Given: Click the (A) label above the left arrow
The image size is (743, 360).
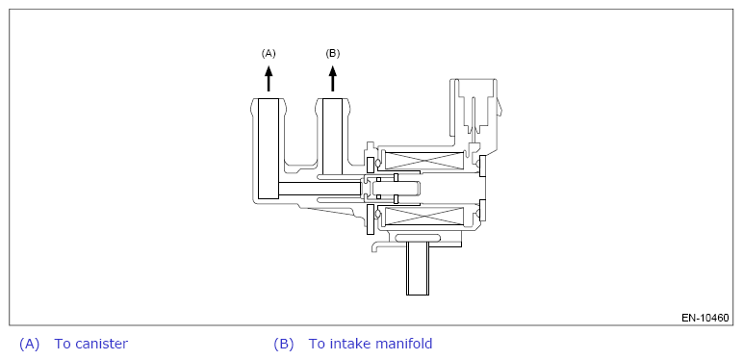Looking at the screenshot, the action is tap(269, 54).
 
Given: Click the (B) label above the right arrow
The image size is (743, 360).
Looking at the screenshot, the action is tap(333, 54).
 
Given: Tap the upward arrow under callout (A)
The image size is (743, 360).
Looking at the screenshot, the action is tap(269, 79).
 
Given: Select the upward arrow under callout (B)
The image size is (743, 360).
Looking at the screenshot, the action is tap(333, 79).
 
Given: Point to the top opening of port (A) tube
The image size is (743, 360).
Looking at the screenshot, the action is tap(269, 99).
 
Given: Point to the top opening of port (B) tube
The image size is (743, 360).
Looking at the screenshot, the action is tap(333, 99).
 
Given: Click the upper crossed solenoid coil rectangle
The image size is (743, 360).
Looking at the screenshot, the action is tap(423, 160).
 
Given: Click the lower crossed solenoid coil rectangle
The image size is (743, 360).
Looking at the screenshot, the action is tap(423, 216).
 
